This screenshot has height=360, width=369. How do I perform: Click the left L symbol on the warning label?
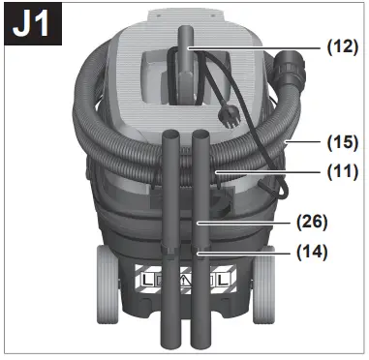pos(147,282)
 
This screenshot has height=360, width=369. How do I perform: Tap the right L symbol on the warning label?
pos(223,282)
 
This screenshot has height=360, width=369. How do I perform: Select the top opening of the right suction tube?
pos(201,134)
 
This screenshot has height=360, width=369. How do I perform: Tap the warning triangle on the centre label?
pos(185,282)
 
